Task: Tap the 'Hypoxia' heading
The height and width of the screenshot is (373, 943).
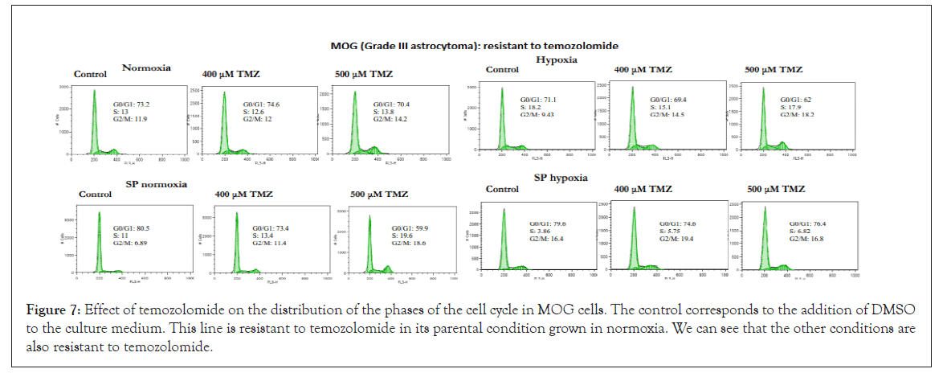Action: pyautogui.click(x=558, y=59)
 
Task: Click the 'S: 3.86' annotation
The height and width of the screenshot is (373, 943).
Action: pyautogui.click(x=543, y=231)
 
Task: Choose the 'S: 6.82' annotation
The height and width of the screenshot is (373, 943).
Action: pyautogui.click(x=803, y=231)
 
